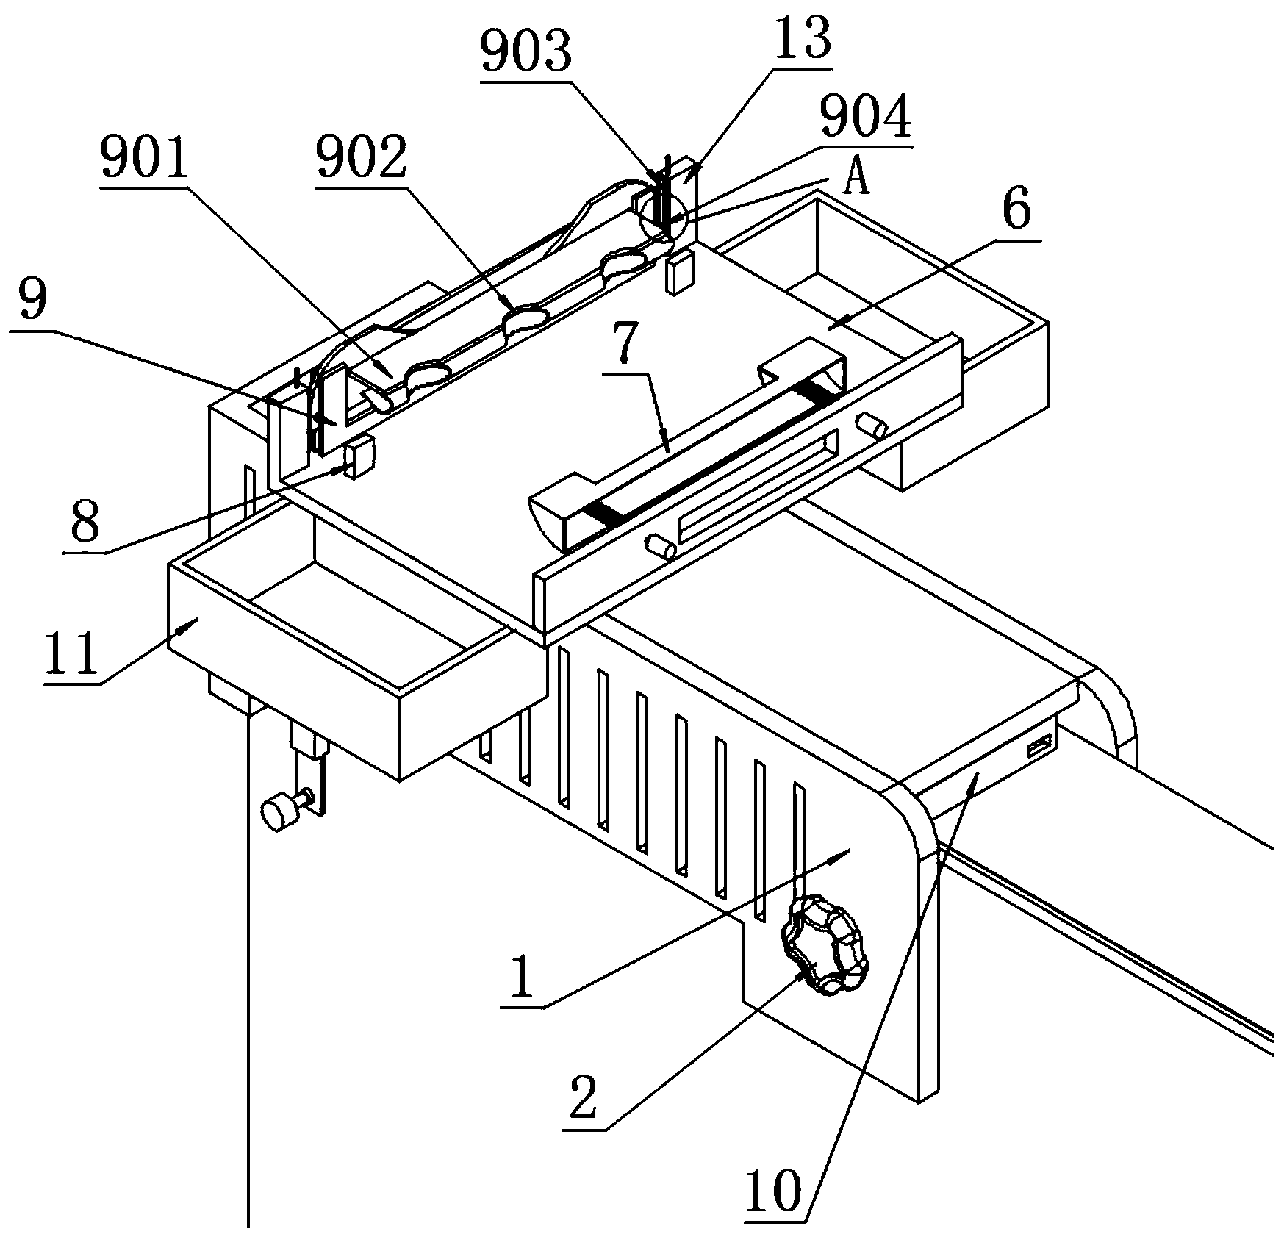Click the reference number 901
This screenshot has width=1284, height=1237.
click(144, 161)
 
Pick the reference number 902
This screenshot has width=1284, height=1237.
click(360, 160)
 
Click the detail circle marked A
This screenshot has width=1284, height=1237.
click(663, 216)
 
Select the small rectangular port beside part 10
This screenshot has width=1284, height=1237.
click(1038, 749)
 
